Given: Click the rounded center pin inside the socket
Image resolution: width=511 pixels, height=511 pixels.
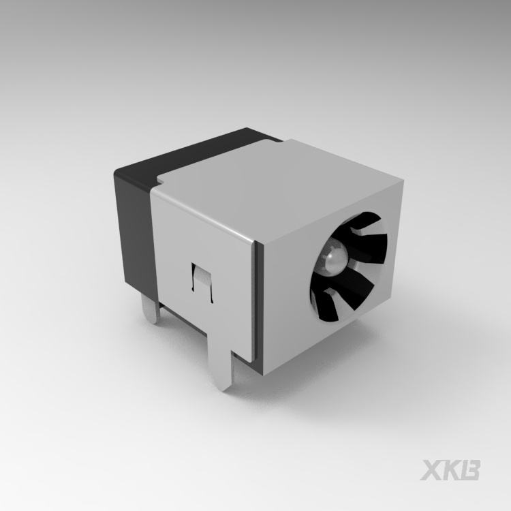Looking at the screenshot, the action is coord(333,258).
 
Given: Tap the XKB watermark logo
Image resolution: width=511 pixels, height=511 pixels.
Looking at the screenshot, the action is coord(450,470).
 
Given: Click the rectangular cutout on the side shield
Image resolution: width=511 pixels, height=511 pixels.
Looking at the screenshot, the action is coord(202,282).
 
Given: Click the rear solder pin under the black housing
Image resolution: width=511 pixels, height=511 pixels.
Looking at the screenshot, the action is coord(151,308).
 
